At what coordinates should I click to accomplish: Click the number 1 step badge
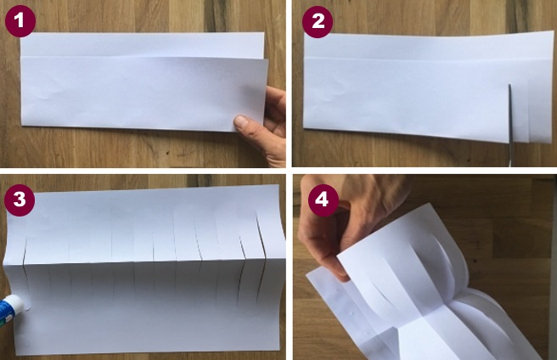point(20,21)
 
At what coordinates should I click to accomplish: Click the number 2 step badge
point(318,22)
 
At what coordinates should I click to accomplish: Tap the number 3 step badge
point(20,200)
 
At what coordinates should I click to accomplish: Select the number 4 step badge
point(324,200)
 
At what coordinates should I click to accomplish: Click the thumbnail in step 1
point(241,121)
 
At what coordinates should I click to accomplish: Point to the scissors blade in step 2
point(510,124)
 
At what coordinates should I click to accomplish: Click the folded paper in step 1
point(143,82)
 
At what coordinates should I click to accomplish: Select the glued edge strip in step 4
point(341,312)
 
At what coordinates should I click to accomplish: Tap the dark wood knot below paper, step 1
point(167,154)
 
